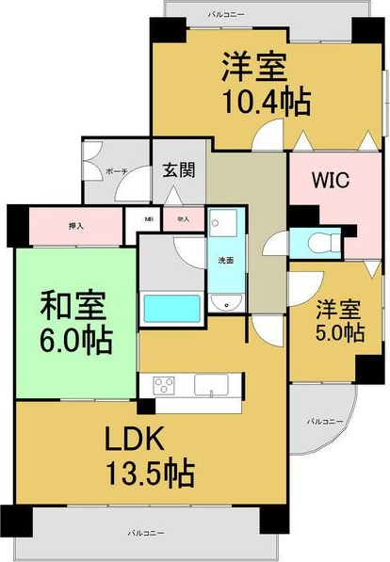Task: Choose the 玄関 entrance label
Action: coord(178,170)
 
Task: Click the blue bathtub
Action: coord(171,308)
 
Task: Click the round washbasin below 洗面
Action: coord(225,302)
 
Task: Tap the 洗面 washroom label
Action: coord(225,259)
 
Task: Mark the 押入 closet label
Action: coord(76,226)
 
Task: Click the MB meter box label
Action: coord(149,219)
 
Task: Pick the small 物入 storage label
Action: coord(183,219)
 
